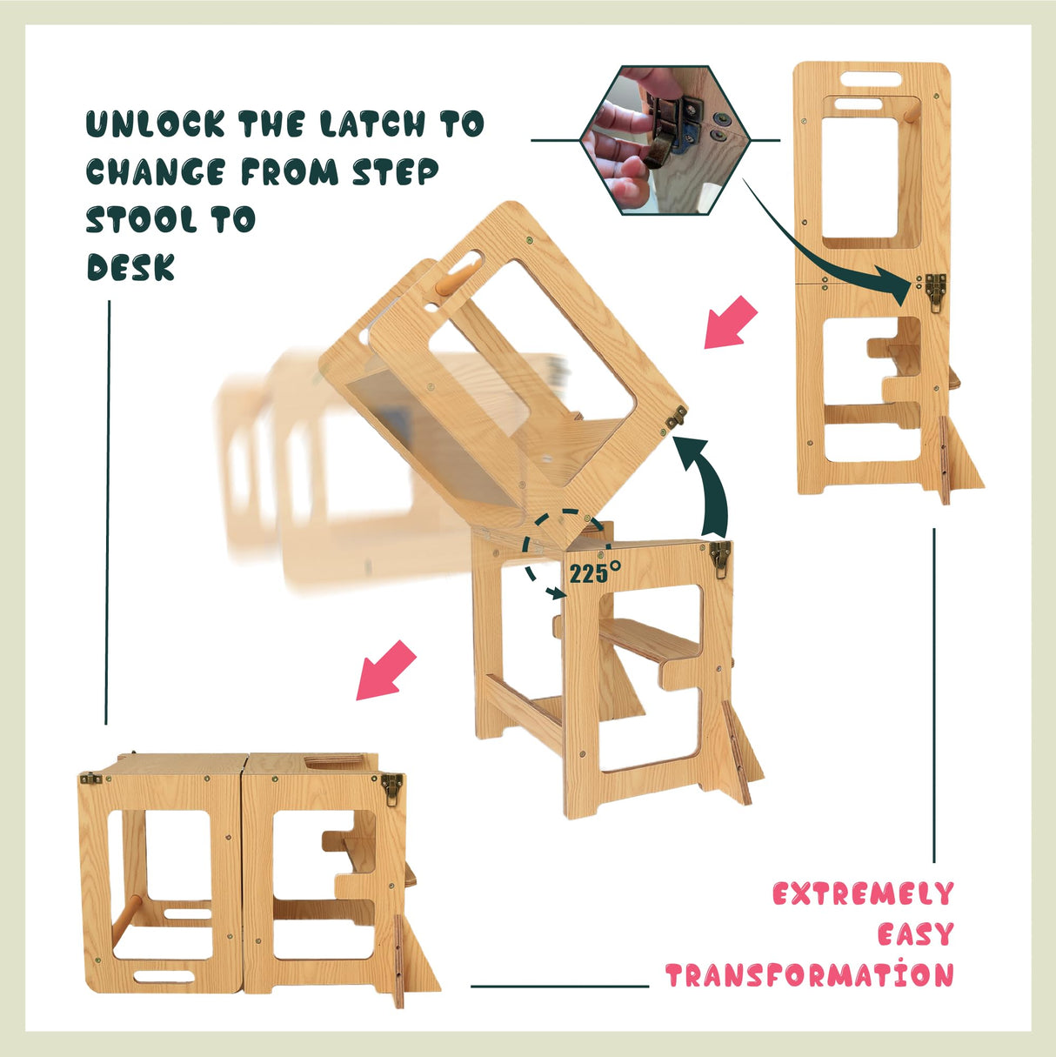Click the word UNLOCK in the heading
[x=154, y=124]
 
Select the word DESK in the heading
[x=130, y=267]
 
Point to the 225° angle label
[x=595, y=572]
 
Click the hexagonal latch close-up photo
[x=665, y=139]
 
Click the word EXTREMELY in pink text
[x=862, y=894]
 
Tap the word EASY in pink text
[x=915, y=935]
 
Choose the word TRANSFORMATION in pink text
[x=809, y=975]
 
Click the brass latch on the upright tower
[x=936, y=291]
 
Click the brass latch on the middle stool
[x=719, y=558]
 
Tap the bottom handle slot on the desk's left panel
[x=164, y=974]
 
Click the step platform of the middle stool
[x=648, y=642]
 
